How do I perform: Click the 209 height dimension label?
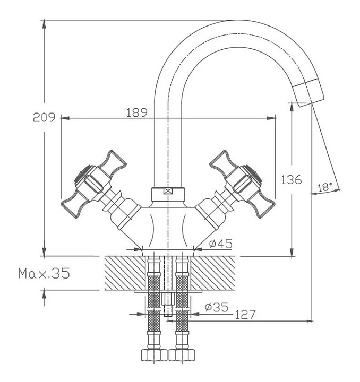coord(44,117)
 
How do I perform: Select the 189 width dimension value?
coord(137,112)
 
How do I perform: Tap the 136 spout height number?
coord(292,180)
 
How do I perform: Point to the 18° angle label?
coord(325,187)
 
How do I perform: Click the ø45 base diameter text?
coord(220,244)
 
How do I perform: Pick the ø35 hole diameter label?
coord(217,307)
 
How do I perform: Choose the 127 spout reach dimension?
coord(245,314)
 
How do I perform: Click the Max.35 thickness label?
coord(44,273)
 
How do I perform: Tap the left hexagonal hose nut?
coord(154,355)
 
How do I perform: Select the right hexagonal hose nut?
coord(182,355)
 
